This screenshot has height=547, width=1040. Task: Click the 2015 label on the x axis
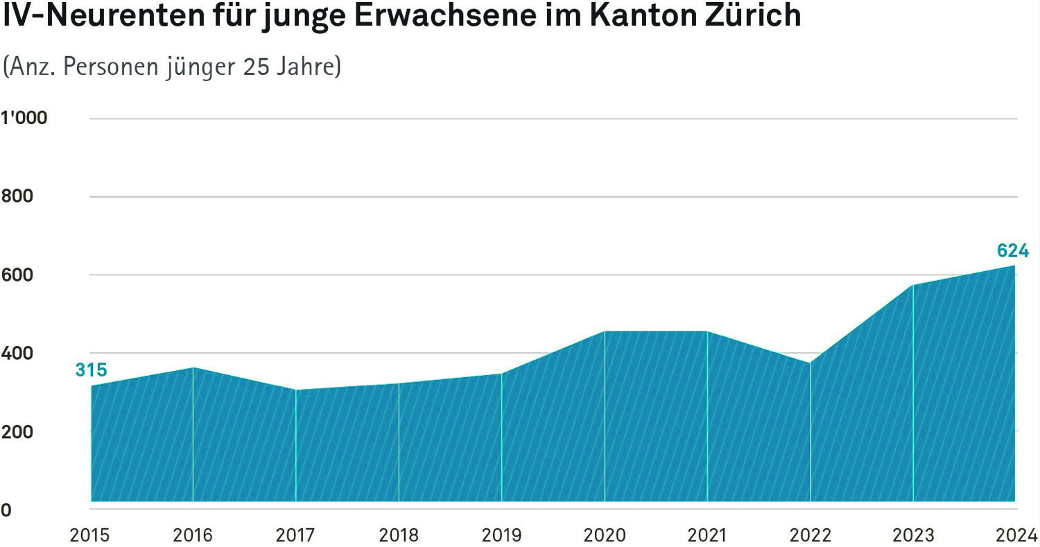pyautogui.click(x=90, y=535)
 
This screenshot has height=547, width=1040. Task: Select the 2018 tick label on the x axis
pyautogui.click(x=399, y=535)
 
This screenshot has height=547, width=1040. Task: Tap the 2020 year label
pyautogui.click(x=605, y=535)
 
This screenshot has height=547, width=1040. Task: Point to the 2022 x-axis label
pyautogui.click(x=810, y=535)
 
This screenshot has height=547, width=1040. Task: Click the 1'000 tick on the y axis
pyautogui.click(x=24, y=119)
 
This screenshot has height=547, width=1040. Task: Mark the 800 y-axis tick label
pyautogui.click(x=17, y=197)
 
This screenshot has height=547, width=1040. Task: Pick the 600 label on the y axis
pyautogui.click(x=17, y=275)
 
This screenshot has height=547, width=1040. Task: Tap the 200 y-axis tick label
pyautogui.click(x=17, y=431)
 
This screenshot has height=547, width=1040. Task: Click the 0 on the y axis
pyautogui.click(x=6, y=510)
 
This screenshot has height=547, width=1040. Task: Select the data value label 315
pyautogui.click(x=91, y=370)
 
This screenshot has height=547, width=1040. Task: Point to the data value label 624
pyautogui.click(x=1012, y=251)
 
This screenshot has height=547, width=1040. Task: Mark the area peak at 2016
pyautogui.click(x=193, y=367)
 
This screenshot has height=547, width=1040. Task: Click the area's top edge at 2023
pyautogui.click(x=913, y=285)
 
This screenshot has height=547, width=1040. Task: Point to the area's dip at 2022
pyautogui.click(x=810, y=363)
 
